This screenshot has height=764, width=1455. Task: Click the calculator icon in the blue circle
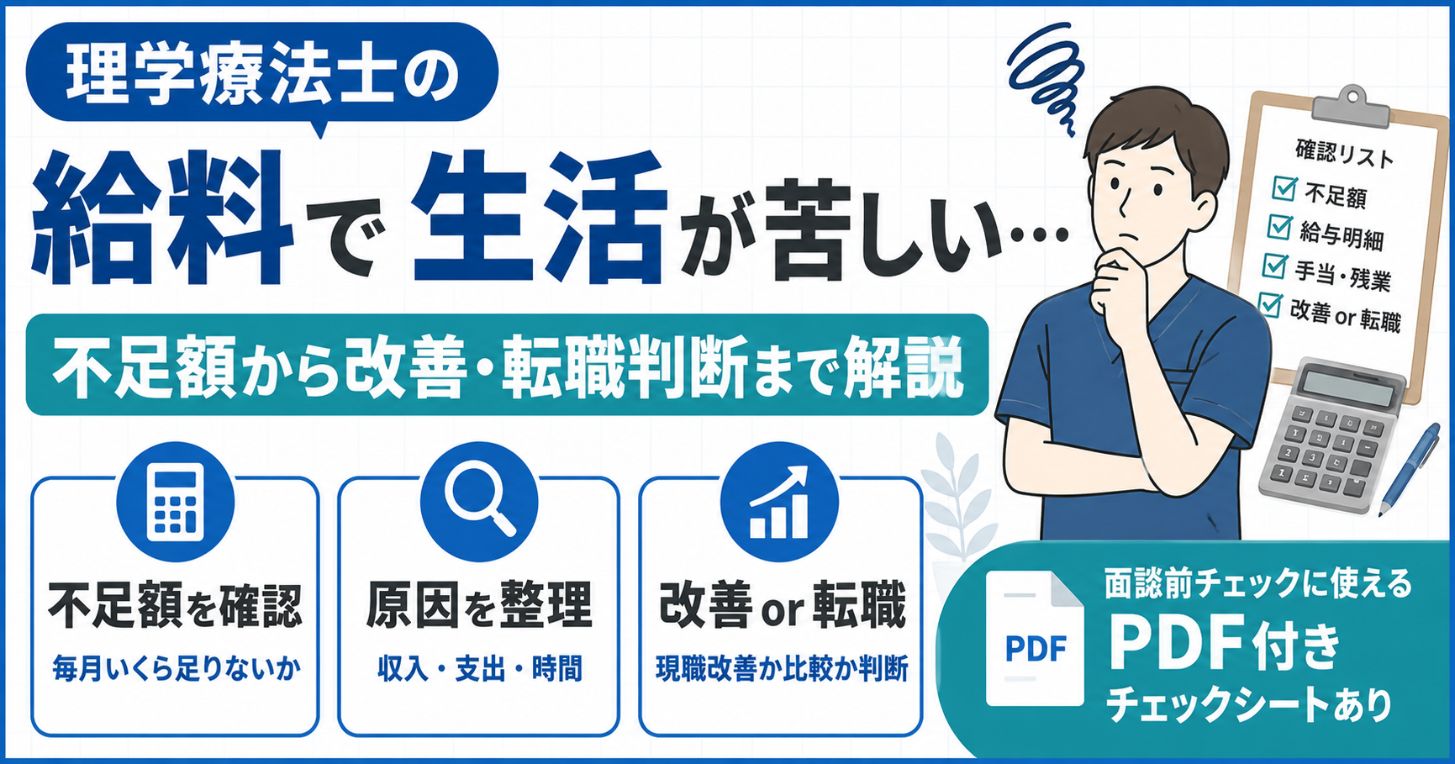coord(175,503)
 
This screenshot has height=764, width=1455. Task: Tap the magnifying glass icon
coord(479,498)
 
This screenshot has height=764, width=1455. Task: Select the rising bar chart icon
coord(779,502)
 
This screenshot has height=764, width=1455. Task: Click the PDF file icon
coord(1035,638)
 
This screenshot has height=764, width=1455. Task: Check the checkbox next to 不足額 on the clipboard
coord(1284,187)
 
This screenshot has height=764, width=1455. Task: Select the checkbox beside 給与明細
coord(1279,226)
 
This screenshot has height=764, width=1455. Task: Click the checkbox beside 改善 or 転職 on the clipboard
coord(1270,303)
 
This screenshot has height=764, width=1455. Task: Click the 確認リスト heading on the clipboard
coord(1344,154)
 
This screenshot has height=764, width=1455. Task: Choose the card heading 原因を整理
coord(479,604)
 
